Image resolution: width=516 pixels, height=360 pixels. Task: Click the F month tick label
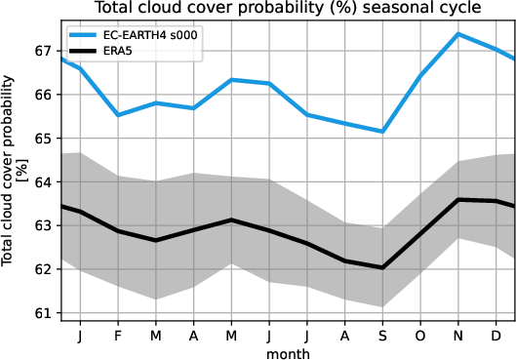tap(117, 335)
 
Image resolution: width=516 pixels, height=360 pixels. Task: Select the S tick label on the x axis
tap(382, 335)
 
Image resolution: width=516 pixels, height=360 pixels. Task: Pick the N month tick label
tap(458, 335)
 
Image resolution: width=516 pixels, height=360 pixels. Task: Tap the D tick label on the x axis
tap(496, 335)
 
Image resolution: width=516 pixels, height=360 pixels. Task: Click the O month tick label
tap(420, 335)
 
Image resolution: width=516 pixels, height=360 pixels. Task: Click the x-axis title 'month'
tap(288, 352)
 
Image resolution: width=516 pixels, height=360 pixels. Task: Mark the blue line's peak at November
tap(458, 34)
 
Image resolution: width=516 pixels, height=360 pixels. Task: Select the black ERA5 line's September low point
tap(382, 267)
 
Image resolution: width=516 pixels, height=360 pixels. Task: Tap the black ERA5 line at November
tap(458, 199)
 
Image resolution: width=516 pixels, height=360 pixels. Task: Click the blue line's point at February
tap(117, 115)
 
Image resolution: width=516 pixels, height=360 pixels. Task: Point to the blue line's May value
tap(231, 80)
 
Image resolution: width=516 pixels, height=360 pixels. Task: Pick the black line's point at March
tap(155, 240)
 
